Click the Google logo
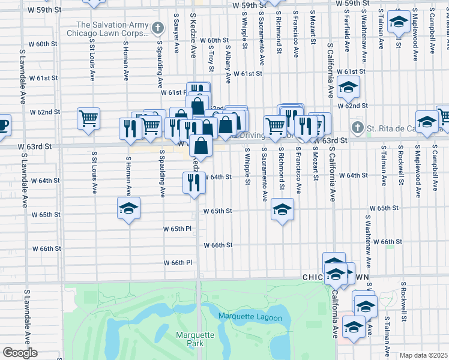point(19,353)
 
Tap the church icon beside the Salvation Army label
point(157,28)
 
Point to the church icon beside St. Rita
point(357,127)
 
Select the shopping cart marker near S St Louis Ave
point(88,118)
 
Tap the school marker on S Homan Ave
point(128,208)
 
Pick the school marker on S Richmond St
point(282,209)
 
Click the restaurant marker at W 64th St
point(194,181)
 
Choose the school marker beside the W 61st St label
point(348,87)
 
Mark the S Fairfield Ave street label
point(347,36)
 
